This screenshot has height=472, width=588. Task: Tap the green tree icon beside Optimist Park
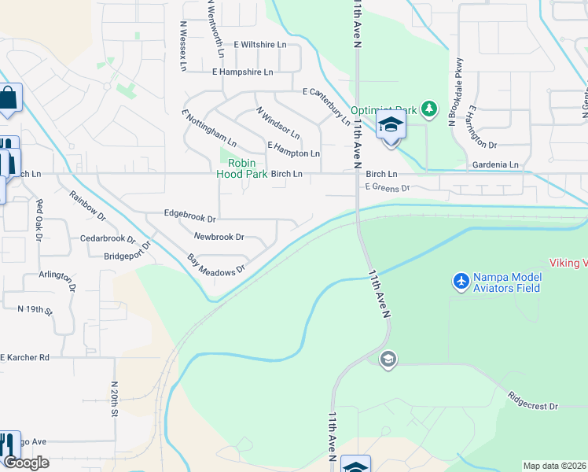[428, 108]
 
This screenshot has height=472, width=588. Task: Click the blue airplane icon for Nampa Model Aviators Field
[461, 280]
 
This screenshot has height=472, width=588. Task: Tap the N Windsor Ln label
[277, 122]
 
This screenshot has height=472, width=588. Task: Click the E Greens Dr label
[388, 187]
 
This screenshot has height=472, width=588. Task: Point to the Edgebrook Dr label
[189, 213]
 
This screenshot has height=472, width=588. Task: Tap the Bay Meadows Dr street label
[216, 263]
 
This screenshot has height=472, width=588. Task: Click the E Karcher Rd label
[25, 357]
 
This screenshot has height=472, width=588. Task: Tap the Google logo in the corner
[26, 463]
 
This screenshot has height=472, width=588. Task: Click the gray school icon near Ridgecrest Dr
[387, 360]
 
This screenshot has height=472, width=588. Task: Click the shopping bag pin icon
[9, 98]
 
